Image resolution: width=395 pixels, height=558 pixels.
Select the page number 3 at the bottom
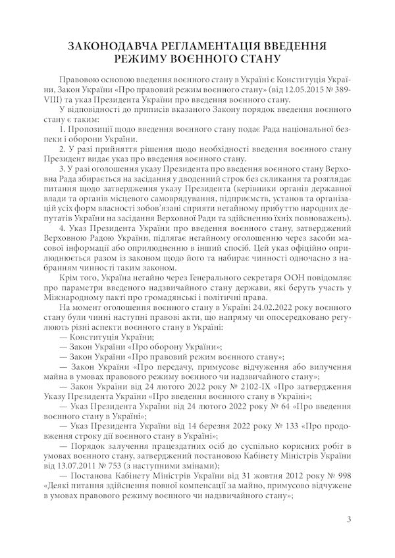click(348, 521)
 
